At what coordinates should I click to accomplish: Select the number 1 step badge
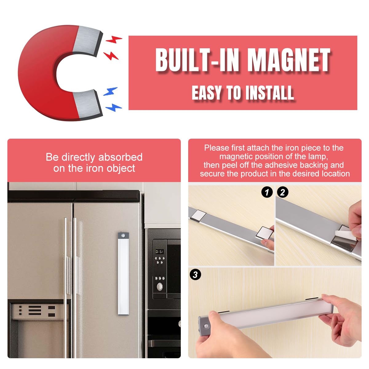pos(267,192)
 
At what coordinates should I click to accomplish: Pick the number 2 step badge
pos(283,192)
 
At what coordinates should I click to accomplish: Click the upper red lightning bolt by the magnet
pos(114,39)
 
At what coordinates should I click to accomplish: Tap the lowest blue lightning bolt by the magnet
pos(113,107)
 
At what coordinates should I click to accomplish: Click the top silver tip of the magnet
pos(87,41)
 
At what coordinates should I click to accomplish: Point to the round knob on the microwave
pos(160,287)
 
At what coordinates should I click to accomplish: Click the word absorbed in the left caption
pos(121,157)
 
